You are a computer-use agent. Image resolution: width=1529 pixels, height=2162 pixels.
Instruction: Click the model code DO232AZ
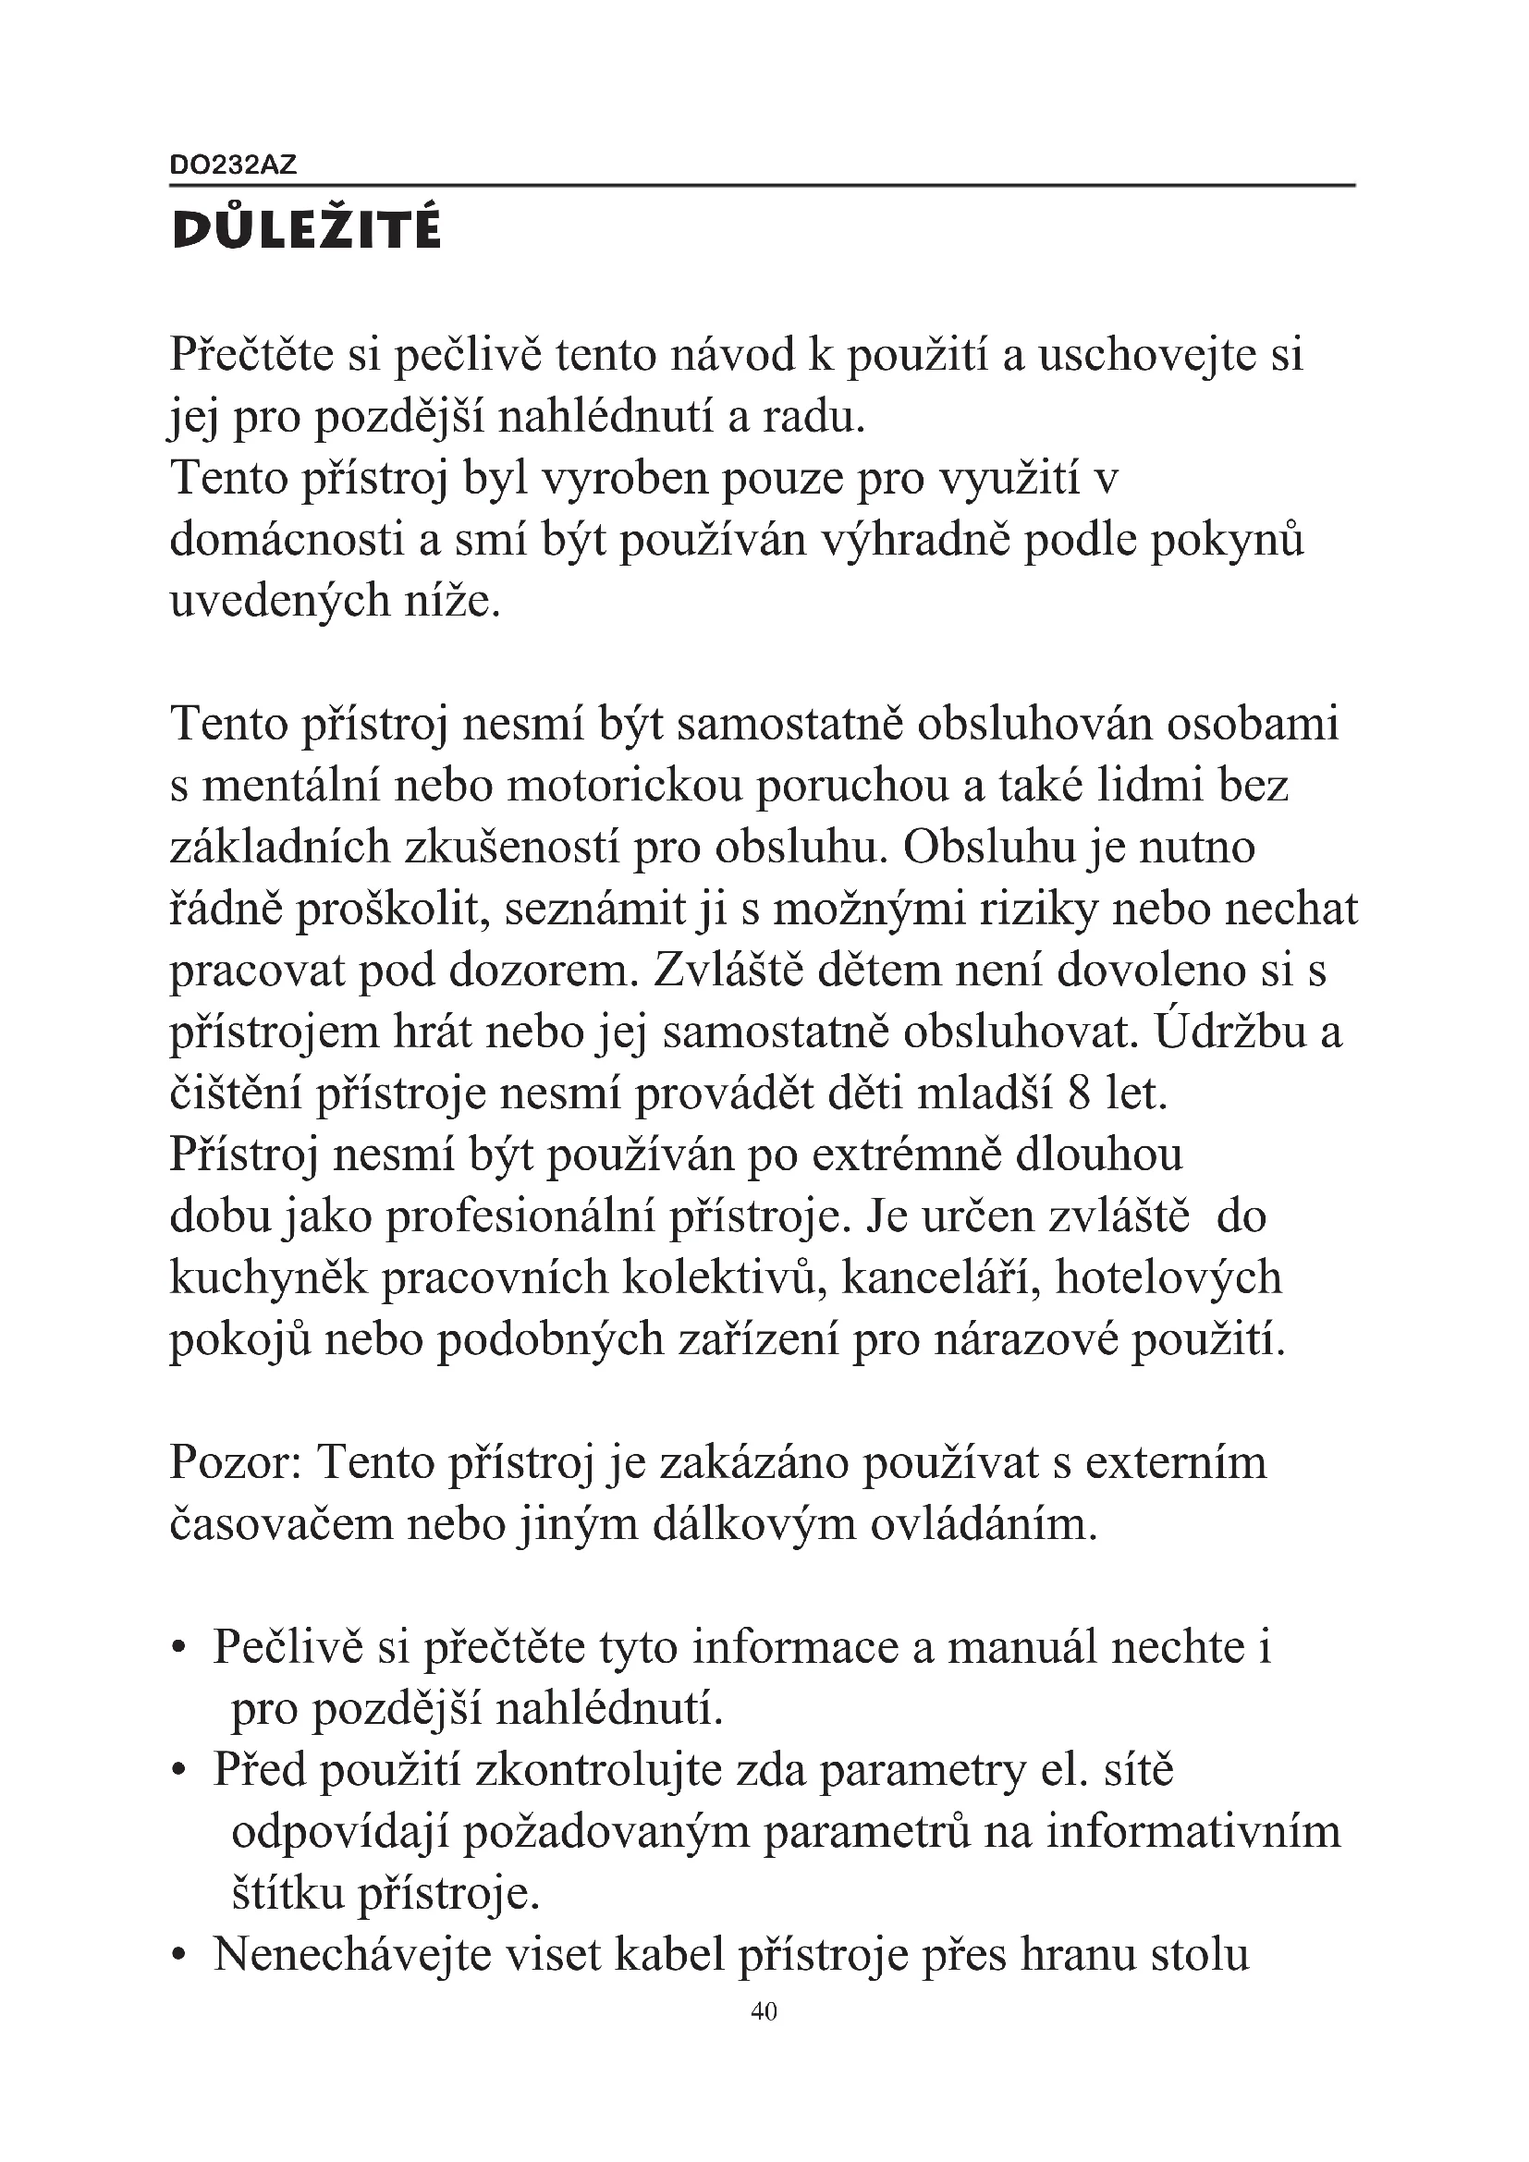click(x=233, y=165)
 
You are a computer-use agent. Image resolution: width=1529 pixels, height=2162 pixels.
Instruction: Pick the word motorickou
click(x=625, y=788)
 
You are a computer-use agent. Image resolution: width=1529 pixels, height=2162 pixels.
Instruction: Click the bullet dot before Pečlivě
click(x=177, y=1650)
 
